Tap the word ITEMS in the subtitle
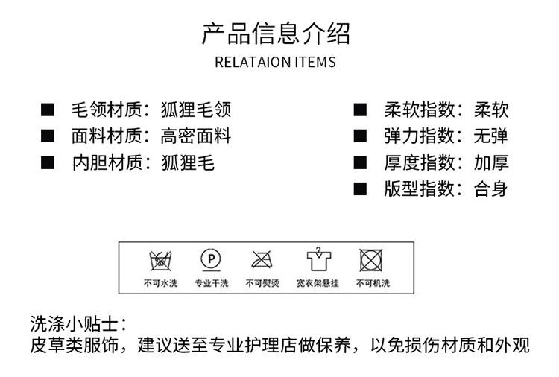pos(316,62)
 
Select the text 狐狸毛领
pos(196,110)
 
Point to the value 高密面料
pos(196,136)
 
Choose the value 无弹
pos(491,136)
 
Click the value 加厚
pos(491,162)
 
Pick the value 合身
pos(491,188)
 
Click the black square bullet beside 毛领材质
pos(48,110)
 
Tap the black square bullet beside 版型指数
pos(361,188)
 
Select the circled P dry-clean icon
pos(211,259)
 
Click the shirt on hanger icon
pos(318,259)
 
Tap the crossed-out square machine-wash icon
pos(371,259)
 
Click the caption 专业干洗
pos(211,283)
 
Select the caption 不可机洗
pos(372,283)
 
